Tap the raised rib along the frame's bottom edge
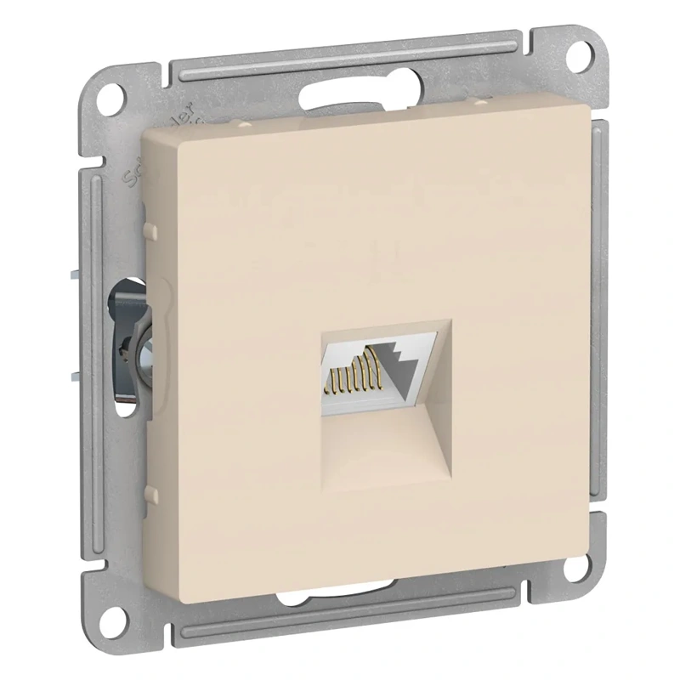pyautogui.click(x=340, y=625)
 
